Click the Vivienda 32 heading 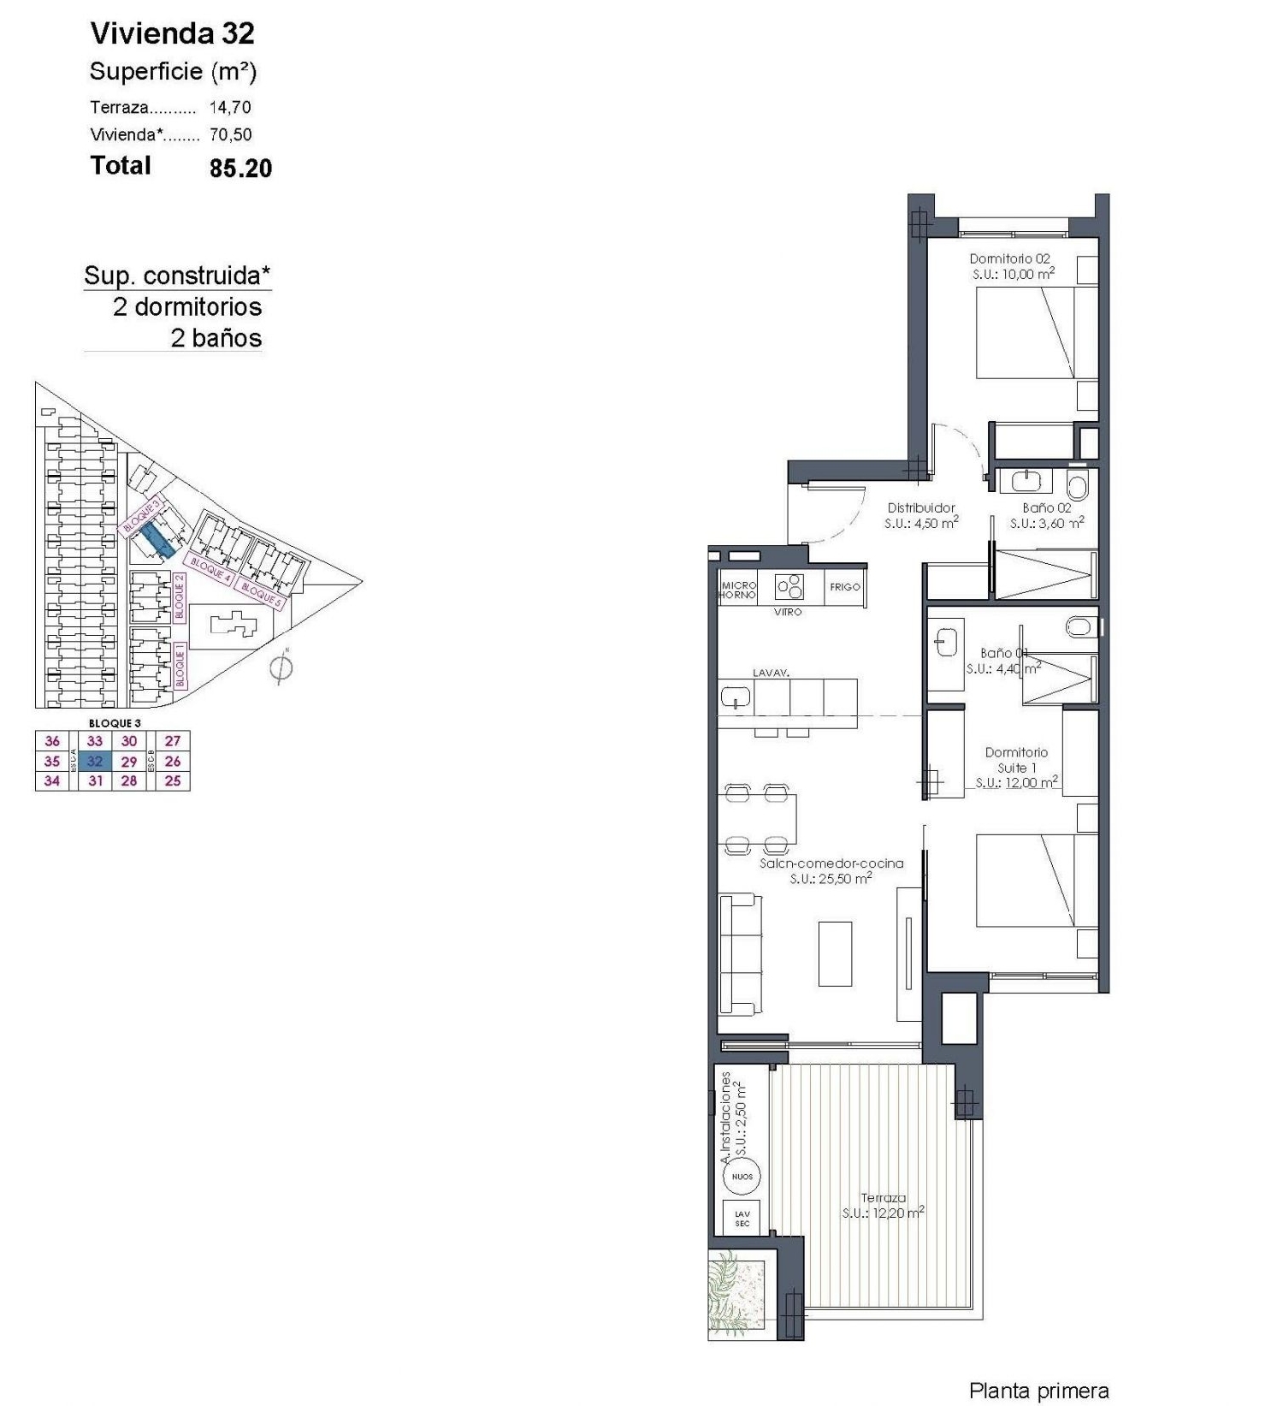[x=172, y=33]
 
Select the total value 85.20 [x=240, y=168]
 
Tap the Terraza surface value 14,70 [x=230, y=108]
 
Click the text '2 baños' [x=216, y=338]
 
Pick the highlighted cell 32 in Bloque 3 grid [x=95, y=761]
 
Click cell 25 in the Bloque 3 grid [x=173, y=780]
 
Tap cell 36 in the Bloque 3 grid [x=52, y=741]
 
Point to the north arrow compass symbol [x=281, y=667]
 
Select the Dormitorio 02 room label [x=1009, y=258]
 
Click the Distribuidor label [x=920, y=507]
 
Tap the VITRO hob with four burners [x=789, y=587]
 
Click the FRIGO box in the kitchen [x=844, y=587]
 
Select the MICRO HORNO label [x=738, y=590]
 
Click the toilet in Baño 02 [x=1078, y=487]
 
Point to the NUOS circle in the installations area [x=742, y=1177]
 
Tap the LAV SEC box [x=742, y=1219]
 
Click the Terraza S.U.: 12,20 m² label [x=883, y=1205]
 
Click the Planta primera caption [x=1038, y=1391]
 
